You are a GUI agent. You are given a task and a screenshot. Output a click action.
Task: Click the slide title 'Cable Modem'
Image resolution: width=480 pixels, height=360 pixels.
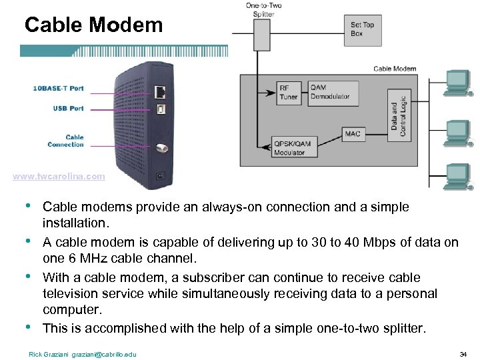pos(93,25)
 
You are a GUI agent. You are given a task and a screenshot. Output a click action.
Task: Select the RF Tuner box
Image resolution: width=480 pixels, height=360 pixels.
pos(289,93)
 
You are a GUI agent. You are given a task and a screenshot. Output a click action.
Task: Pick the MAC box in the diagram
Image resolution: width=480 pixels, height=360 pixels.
pos(353,134)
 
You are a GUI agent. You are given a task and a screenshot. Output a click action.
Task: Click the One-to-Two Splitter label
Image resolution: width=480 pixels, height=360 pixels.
pos(263,10)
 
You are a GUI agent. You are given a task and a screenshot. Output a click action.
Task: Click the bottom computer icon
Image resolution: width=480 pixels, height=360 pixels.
pos(457,175)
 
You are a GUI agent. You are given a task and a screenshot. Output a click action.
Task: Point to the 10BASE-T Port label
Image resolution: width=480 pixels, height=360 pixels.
pos(59,88)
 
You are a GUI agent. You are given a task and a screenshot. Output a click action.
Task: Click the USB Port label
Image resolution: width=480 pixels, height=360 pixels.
pos(69,108)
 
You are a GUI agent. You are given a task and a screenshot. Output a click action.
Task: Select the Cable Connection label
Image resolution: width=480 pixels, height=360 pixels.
pos(65,141)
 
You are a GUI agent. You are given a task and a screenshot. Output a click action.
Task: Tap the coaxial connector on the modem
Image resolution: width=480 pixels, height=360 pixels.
pos(161,149)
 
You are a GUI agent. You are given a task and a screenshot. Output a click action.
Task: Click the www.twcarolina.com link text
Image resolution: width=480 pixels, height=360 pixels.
pos(59,177)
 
